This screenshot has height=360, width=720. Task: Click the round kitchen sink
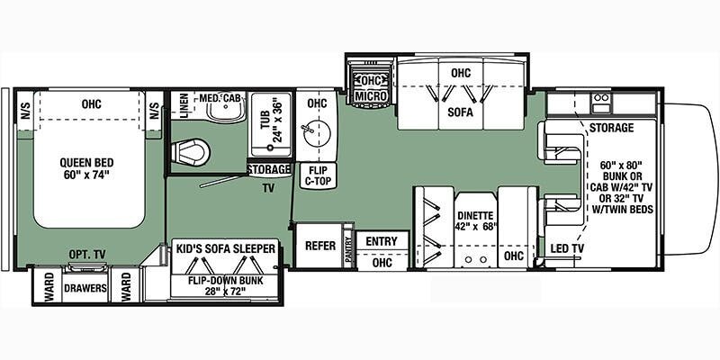point(316,134)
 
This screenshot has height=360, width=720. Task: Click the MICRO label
point(371,96)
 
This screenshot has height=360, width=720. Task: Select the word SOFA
point(461,112)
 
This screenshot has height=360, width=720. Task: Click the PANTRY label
point(348,248)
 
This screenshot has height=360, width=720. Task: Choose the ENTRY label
point(381,241)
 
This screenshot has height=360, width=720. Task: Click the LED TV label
point(568,249)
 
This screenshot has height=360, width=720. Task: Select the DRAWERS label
point(85,288)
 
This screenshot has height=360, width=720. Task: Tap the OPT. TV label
point(85,254)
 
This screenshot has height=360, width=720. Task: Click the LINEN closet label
point(184,106)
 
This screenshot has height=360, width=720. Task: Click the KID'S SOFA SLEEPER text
point(226,249)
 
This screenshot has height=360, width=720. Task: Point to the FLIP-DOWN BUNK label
point(225,285)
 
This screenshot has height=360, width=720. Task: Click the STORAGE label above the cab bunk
point(611,128)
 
